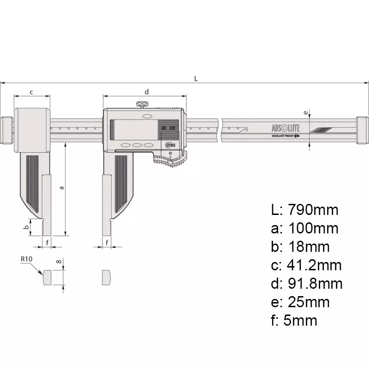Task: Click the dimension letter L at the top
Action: [x=196, y=78]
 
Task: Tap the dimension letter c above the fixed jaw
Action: [x=31, y=92]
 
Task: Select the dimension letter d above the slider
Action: [x=147, y=92]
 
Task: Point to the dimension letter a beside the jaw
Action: [x=61, y=188]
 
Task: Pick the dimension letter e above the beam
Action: [x=305, y=112]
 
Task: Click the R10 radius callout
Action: [x=26, y=260]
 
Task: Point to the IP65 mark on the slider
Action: [x=170, y=145]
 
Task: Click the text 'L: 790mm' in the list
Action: [x=304, y=210]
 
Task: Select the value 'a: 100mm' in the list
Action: [x=304, y=228]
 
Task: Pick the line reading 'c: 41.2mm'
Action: [x=306, y=265]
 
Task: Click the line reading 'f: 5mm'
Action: [x=294, y=320]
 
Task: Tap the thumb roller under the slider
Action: [x=169, y=161]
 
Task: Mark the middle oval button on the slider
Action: [x=137, y=145]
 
